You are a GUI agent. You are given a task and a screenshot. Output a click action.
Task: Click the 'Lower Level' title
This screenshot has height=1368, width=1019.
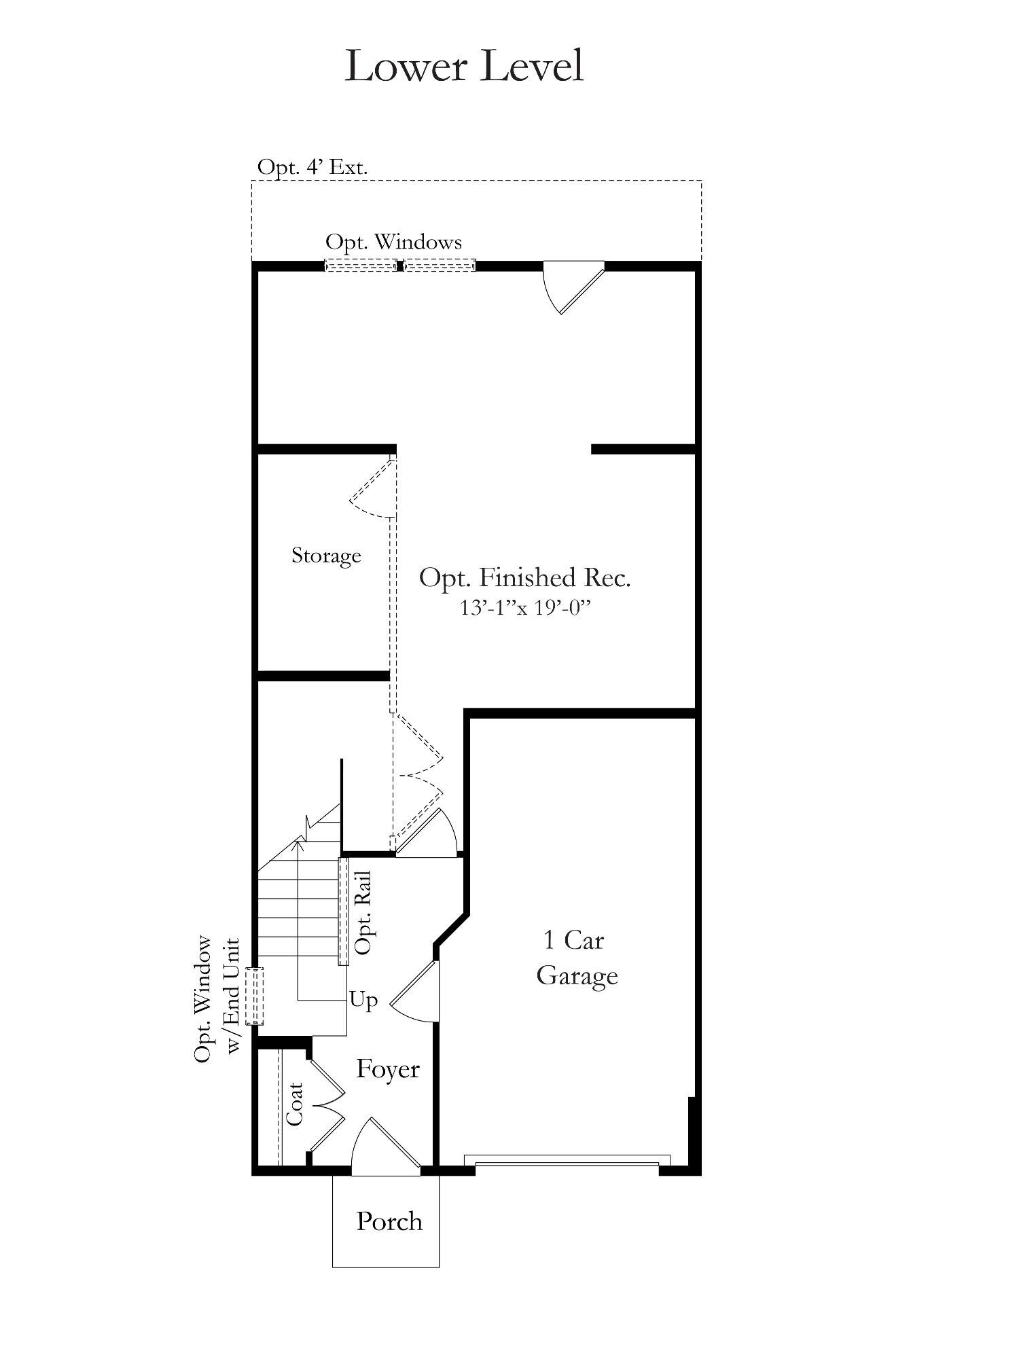[464, 66]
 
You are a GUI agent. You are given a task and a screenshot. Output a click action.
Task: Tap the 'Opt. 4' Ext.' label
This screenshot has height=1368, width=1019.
[312, 166]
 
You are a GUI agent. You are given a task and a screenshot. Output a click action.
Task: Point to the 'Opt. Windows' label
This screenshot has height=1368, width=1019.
[393, 242]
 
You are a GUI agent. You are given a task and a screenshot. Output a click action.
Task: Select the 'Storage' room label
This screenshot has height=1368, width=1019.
[326, 555]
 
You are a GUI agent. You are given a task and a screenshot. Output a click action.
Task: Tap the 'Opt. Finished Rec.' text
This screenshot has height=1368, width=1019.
[524, 577]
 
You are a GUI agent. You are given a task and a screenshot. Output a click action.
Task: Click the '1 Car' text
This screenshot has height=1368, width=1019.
[573, 940]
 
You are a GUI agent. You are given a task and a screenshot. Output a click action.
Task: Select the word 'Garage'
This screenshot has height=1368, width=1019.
[577, 976]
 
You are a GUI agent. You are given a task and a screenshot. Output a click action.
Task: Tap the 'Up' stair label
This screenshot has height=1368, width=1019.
[363, 1000]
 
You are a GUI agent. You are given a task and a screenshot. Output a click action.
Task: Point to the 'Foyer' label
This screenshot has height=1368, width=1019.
[388, 1069]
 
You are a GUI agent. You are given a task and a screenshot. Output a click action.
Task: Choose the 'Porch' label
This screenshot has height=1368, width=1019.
[389, 1221]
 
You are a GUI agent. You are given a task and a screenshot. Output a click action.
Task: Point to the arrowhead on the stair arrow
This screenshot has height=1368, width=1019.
[298, 844]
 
